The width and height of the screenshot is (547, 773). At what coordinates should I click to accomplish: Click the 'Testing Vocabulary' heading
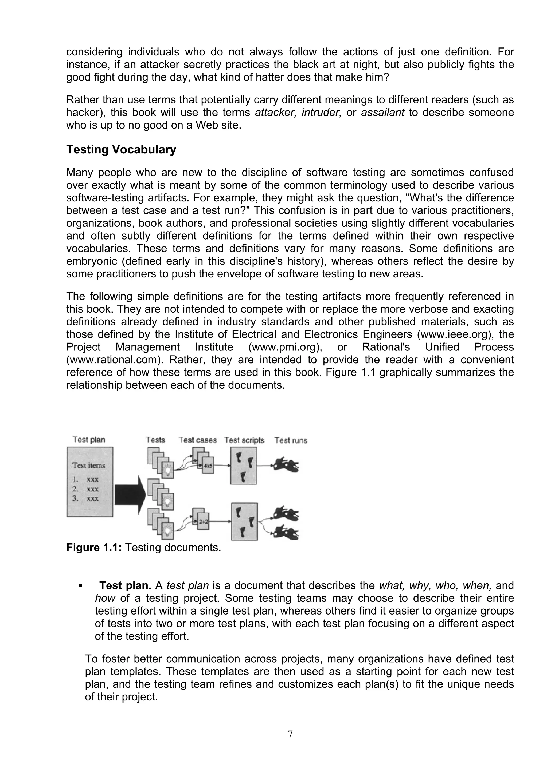click(121, 149)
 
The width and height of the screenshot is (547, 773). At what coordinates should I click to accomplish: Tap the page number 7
click(290, 734)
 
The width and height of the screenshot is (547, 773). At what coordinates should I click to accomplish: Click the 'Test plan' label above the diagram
click(89, 440)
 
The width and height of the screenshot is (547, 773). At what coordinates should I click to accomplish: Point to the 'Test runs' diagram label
click(291, 440)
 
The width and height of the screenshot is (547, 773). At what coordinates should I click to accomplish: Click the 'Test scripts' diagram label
click(244, 440)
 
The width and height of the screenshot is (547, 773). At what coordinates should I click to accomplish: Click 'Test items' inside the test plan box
click(89, 465)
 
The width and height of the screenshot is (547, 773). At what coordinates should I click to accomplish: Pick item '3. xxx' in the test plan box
click(86, 499)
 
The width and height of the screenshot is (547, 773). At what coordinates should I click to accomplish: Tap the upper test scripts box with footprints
click(243, 466)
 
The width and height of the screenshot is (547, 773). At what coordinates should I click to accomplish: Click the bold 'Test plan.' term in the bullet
click(125, 586)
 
